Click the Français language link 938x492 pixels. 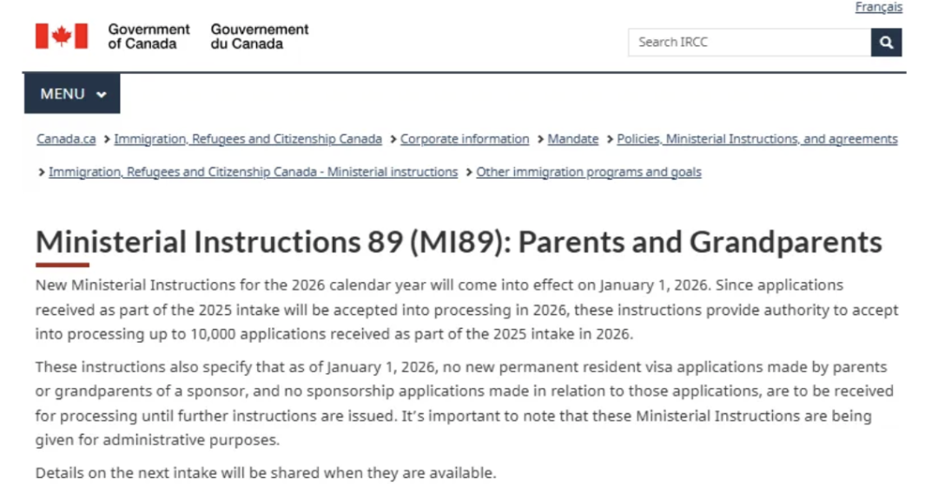pos(878,8)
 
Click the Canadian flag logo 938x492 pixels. pos(61,36)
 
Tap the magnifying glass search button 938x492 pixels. pos(886,42)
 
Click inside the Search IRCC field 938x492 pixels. pos(749,42)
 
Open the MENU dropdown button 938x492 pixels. pos(72,94)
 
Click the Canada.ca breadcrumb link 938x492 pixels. pos(66,139)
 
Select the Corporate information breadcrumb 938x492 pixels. pos(465,139)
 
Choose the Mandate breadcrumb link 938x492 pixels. pos(573,139)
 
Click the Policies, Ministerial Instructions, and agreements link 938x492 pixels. pos(757,139)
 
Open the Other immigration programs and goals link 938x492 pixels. pos(589,172)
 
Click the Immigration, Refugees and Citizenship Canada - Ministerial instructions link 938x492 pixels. pos(253,172)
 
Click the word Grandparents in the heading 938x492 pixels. pos(786,241)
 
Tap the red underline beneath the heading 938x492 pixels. pos(63,265)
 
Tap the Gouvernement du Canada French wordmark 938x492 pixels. pos(260,36)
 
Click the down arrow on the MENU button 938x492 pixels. pos(102,95)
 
